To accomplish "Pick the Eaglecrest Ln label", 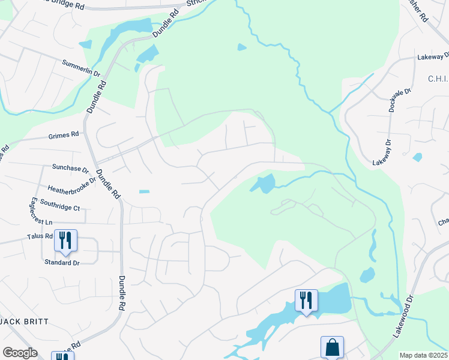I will (x=34, y=212).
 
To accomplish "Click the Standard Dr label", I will (x=62, y=263).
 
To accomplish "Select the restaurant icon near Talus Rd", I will (x=65, y=240).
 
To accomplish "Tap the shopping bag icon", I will (x=332, y=347).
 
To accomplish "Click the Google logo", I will (x=20, y=353).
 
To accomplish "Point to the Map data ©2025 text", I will (x=423, y=355).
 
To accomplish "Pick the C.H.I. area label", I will (x=438, y=79).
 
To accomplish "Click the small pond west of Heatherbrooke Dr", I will (x=144, y=192).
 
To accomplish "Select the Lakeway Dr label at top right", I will (x=433, y=58).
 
